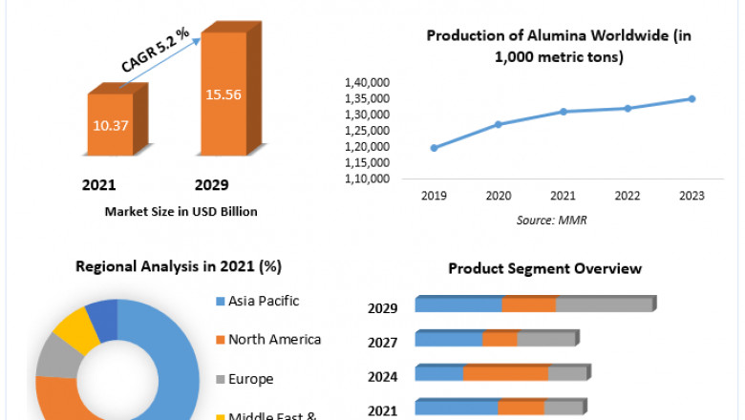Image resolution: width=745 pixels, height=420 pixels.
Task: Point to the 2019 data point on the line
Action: click(435, 148)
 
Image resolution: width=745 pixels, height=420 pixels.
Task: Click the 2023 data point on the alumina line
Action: click(692, 98)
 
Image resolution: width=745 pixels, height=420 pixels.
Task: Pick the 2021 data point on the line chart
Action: click(564, 112)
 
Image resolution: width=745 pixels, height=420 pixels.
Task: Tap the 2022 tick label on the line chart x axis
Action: click(628, 196)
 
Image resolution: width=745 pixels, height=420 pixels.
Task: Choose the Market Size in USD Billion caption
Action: click(181, 211)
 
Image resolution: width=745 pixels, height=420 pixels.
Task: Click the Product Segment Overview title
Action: click(545, 268)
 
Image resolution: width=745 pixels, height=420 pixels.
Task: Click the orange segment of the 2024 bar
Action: click(506, 373)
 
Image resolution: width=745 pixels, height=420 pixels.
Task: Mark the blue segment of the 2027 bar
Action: click(449, 340)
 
